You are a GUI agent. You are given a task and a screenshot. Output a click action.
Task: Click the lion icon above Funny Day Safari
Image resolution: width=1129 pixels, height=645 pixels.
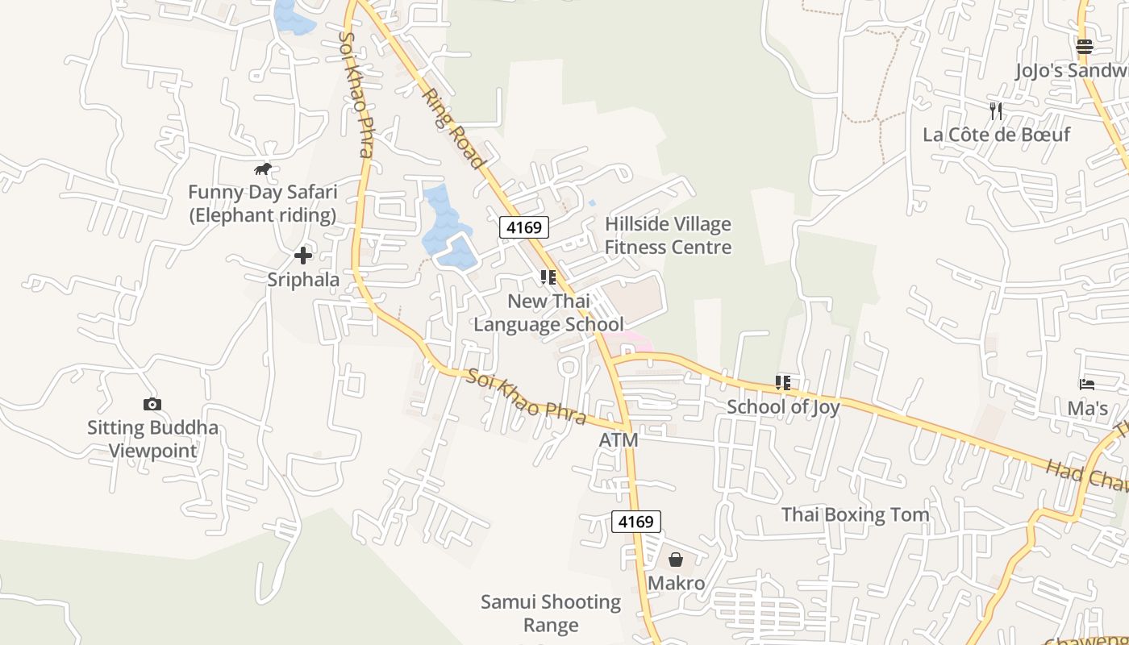[263, 169]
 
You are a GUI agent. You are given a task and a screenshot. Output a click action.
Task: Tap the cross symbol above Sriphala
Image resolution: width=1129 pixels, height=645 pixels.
[303, 256]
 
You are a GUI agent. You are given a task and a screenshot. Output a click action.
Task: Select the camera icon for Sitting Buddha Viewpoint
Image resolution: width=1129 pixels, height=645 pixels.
[152, 405]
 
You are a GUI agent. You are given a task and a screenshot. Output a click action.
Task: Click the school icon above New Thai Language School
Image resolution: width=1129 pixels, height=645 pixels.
[548, 278]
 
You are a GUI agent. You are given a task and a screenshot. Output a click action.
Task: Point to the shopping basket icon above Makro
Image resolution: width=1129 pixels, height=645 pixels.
[676, 560]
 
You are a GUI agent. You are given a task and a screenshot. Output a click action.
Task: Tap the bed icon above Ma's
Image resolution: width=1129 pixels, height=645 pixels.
[1087, 385]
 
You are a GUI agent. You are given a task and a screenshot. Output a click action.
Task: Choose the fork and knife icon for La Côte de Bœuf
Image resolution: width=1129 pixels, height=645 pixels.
[996, 110]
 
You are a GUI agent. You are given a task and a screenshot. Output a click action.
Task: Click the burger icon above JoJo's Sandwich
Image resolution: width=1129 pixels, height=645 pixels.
[1085, 47]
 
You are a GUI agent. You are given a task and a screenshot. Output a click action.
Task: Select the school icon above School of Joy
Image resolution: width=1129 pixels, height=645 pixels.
[783, 383]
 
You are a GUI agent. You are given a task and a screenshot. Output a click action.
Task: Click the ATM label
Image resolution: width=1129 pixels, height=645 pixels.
[619, 440]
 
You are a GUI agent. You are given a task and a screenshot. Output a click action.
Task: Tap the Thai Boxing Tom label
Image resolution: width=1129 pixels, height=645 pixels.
[855, 514]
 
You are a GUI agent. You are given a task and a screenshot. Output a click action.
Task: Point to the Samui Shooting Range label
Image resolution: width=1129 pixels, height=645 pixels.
[551, 614]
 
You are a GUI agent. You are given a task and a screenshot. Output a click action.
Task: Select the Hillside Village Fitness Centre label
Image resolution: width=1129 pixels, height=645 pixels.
[669, 235]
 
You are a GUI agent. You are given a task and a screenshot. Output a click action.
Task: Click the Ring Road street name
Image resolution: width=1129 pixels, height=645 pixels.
[454, 129]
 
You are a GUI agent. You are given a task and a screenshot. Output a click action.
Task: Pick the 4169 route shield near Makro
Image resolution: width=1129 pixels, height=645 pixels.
[636, 522]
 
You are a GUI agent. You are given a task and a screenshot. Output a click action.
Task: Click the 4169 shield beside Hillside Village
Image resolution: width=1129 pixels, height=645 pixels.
[524, 227]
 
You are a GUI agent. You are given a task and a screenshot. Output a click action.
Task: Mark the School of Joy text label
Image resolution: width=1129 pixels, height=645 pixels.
[783, 407]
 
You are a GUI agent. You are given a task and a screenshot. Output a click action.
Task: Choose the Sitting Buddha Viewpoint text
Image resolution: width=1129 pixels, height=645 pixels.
[152, 439]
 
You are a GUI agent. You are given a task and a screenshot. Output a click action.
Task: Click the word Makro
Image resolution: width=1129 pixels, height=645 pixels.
[677, 583]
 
